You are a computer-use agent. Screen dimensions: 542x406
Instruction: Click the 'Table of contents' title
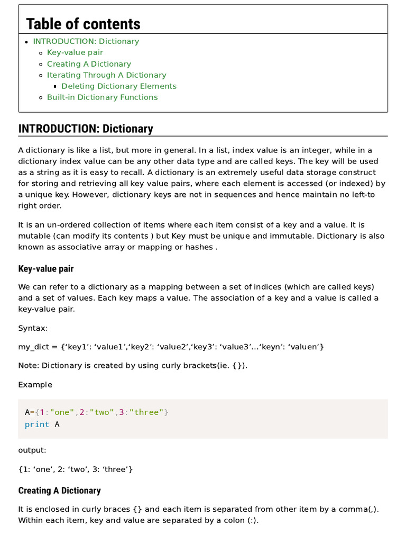coord(83,24)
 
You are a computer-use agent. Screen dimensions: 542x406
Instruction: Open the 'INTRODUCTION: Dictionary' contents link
coord(86,41)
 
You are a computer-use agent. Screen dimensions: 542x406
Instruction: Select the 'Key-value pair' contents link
coord(75,52)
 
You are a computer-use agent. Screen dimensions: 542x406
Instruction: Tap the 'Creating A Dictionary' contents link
coord(89,64)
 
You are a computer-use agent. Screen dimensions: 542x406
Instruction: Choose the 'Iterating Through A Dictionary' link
coord(106,75)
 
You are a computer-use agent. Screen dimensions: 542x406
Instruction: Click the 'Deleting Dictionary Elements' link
coord(119,86)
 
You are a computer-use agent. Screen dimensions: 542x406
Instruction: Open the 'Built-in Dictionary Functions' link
coord(102,97)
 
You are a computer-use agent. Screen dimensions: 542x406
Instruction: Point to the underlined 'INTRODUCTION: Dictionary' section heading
coord(86,129)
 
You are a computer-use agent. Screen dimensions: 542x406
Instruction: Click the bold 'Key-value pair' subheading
coord(46,269)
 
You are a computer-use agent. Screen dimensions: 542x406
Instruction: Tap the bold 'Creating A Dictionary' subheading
coord(59,491)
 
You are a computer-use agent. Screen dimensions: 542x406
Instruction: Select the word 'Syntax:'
coord(33,328)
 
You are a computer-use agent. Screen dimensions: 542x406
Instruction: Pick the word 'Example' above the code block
coord(35,384)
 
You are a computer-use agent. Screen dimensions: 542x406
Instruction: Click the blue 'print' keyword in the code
coord(37,424)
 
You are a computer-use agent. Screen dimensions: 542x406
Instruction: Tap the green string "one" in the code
coord(62,412)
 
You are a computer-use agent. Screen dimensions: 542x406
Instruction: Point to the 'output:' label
coord(32,450)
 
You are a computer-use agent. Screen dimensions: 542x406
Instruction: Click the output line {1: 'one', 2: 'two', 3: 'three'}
coord(76,469)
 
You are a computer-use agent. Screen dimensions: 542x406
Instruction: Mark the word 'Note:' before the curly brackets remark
coord(29,365)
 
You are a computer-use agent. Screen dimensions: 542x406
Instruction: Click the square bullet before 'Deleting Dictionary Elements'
coord(56,86)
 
